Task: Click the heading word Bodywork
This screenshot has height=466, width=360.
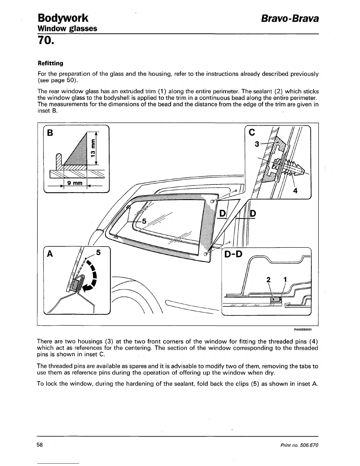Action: coord(63,18)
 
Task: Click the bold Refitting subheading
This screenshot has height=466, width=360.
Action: coord(50,63)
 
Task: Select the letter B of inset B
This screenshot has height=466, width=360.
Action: coord(50,133)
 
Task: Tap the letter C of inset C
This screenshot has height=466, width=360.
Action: coord(251,133)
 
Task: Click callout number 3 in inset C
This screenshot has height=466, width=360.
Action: coord(257,144)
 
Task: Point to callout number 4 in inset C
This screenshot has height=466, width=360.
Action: coord(295,191)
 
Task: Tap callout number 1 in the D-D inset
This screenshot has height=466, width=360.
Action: coord(285,279)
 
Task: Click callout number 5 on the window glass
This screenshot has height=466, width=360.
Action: coord(144,222)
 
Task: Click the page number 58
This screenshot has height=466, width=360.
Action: coord(40,445)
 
